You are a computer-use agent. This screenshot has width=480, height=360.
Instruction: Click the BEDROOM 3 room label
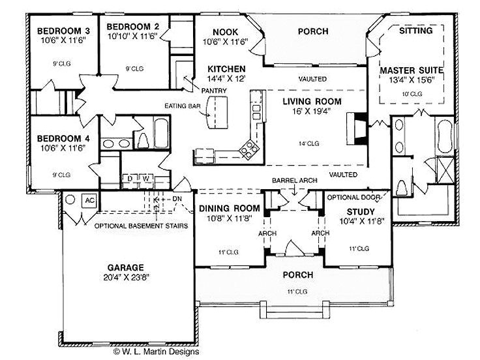tap(63, 31)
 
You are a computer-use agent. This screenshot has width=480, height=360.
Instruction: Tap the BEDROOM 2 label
tap(134, 26)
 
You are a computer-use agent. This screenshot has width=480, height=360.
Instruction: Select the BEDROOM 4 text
tap(63, 139)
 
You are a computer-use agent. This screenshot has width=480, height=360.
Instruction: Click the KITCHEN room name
tap(226, 68)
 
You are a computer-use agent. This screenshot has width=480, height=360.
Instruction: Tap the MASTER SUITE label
tap(412, 70)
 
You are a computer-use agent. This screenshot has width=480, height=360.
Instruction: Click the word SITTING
tap(415, 31)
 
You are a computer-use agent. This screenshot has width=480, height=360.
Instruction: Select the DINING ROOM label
tap(228, 209)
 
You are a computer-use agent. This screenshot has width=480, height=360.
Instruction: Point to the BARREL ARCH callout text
tap(293, 179)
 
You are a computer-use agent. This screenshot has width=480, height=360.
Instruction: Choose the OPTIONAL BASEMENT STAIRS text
tap(141, 226)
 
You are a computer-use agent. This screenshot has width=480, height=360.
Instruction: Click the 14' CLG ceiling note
tap(309, 143)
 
